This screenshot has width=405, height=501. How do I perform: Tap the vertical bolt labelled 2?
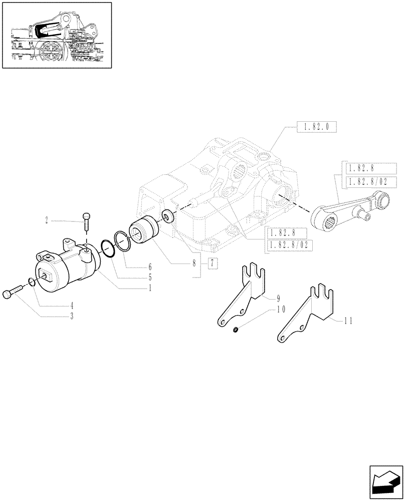coord(87,222)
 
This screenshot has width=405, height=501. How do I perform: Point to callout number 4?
coord(72,305)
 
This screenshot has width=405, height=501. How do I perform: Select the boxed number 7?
coord(213,263)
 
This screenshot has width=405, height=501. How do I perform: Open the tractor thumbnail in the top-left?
coord(56,35)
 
